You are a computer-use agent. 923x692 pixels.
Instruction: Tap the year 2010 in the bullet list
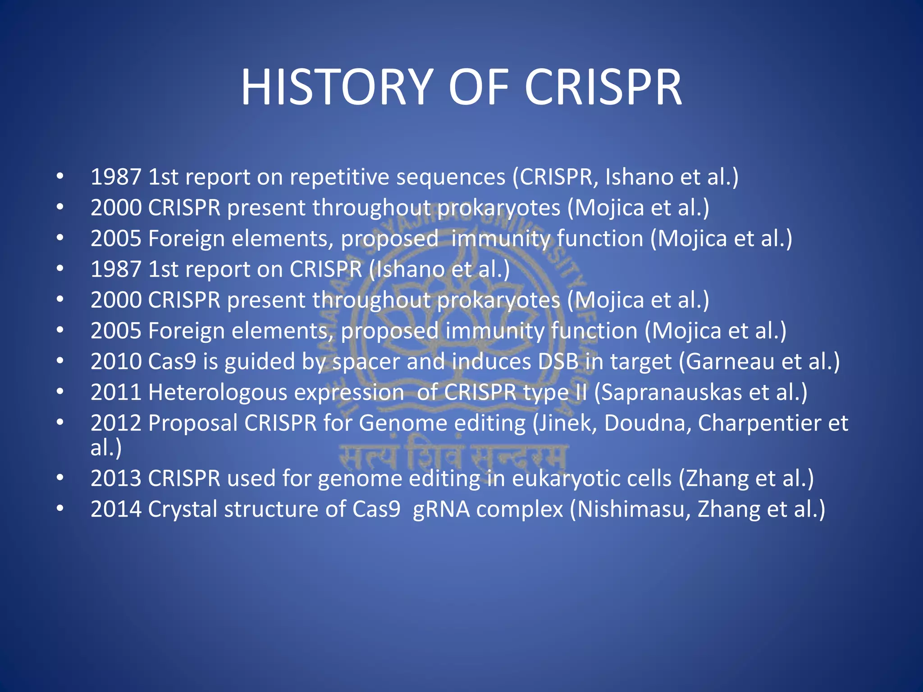116,361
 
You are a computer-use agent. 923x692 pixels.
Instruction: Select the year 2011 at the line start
116,392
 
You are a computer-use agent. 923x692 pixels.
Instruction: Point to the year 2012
116,423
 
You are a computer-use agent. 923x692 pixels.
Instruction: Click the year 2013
116,478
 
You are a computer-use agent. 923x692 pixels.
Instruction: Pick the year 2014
116,509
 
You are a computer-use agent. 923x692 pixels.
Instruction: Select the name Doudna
645,423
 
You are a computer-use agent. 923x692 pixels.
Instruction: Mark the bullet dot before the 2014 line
60,508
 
